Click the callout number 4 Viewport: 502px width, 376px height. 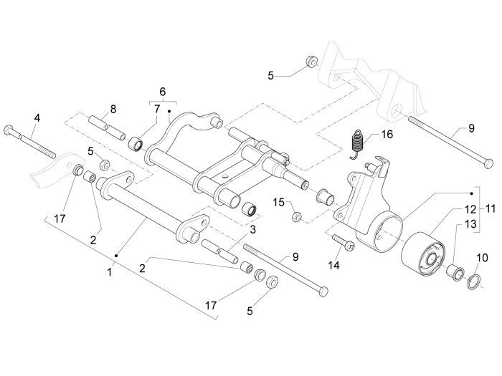click(37, 117)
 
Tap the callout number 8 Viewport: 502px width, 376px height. click(113, 110)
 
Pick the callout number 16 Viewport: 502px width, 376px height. click(387, 134)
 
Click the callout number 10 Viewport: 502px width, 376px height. click(481, 256)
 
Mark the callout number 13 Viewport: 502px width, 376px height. click(470, 224)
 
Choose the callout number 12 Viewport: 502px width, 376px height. click(470, 210)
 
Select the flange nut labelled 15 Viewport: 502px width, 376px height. click(298, 216)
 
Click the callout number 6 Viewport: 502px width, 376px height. click(162, 92)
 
